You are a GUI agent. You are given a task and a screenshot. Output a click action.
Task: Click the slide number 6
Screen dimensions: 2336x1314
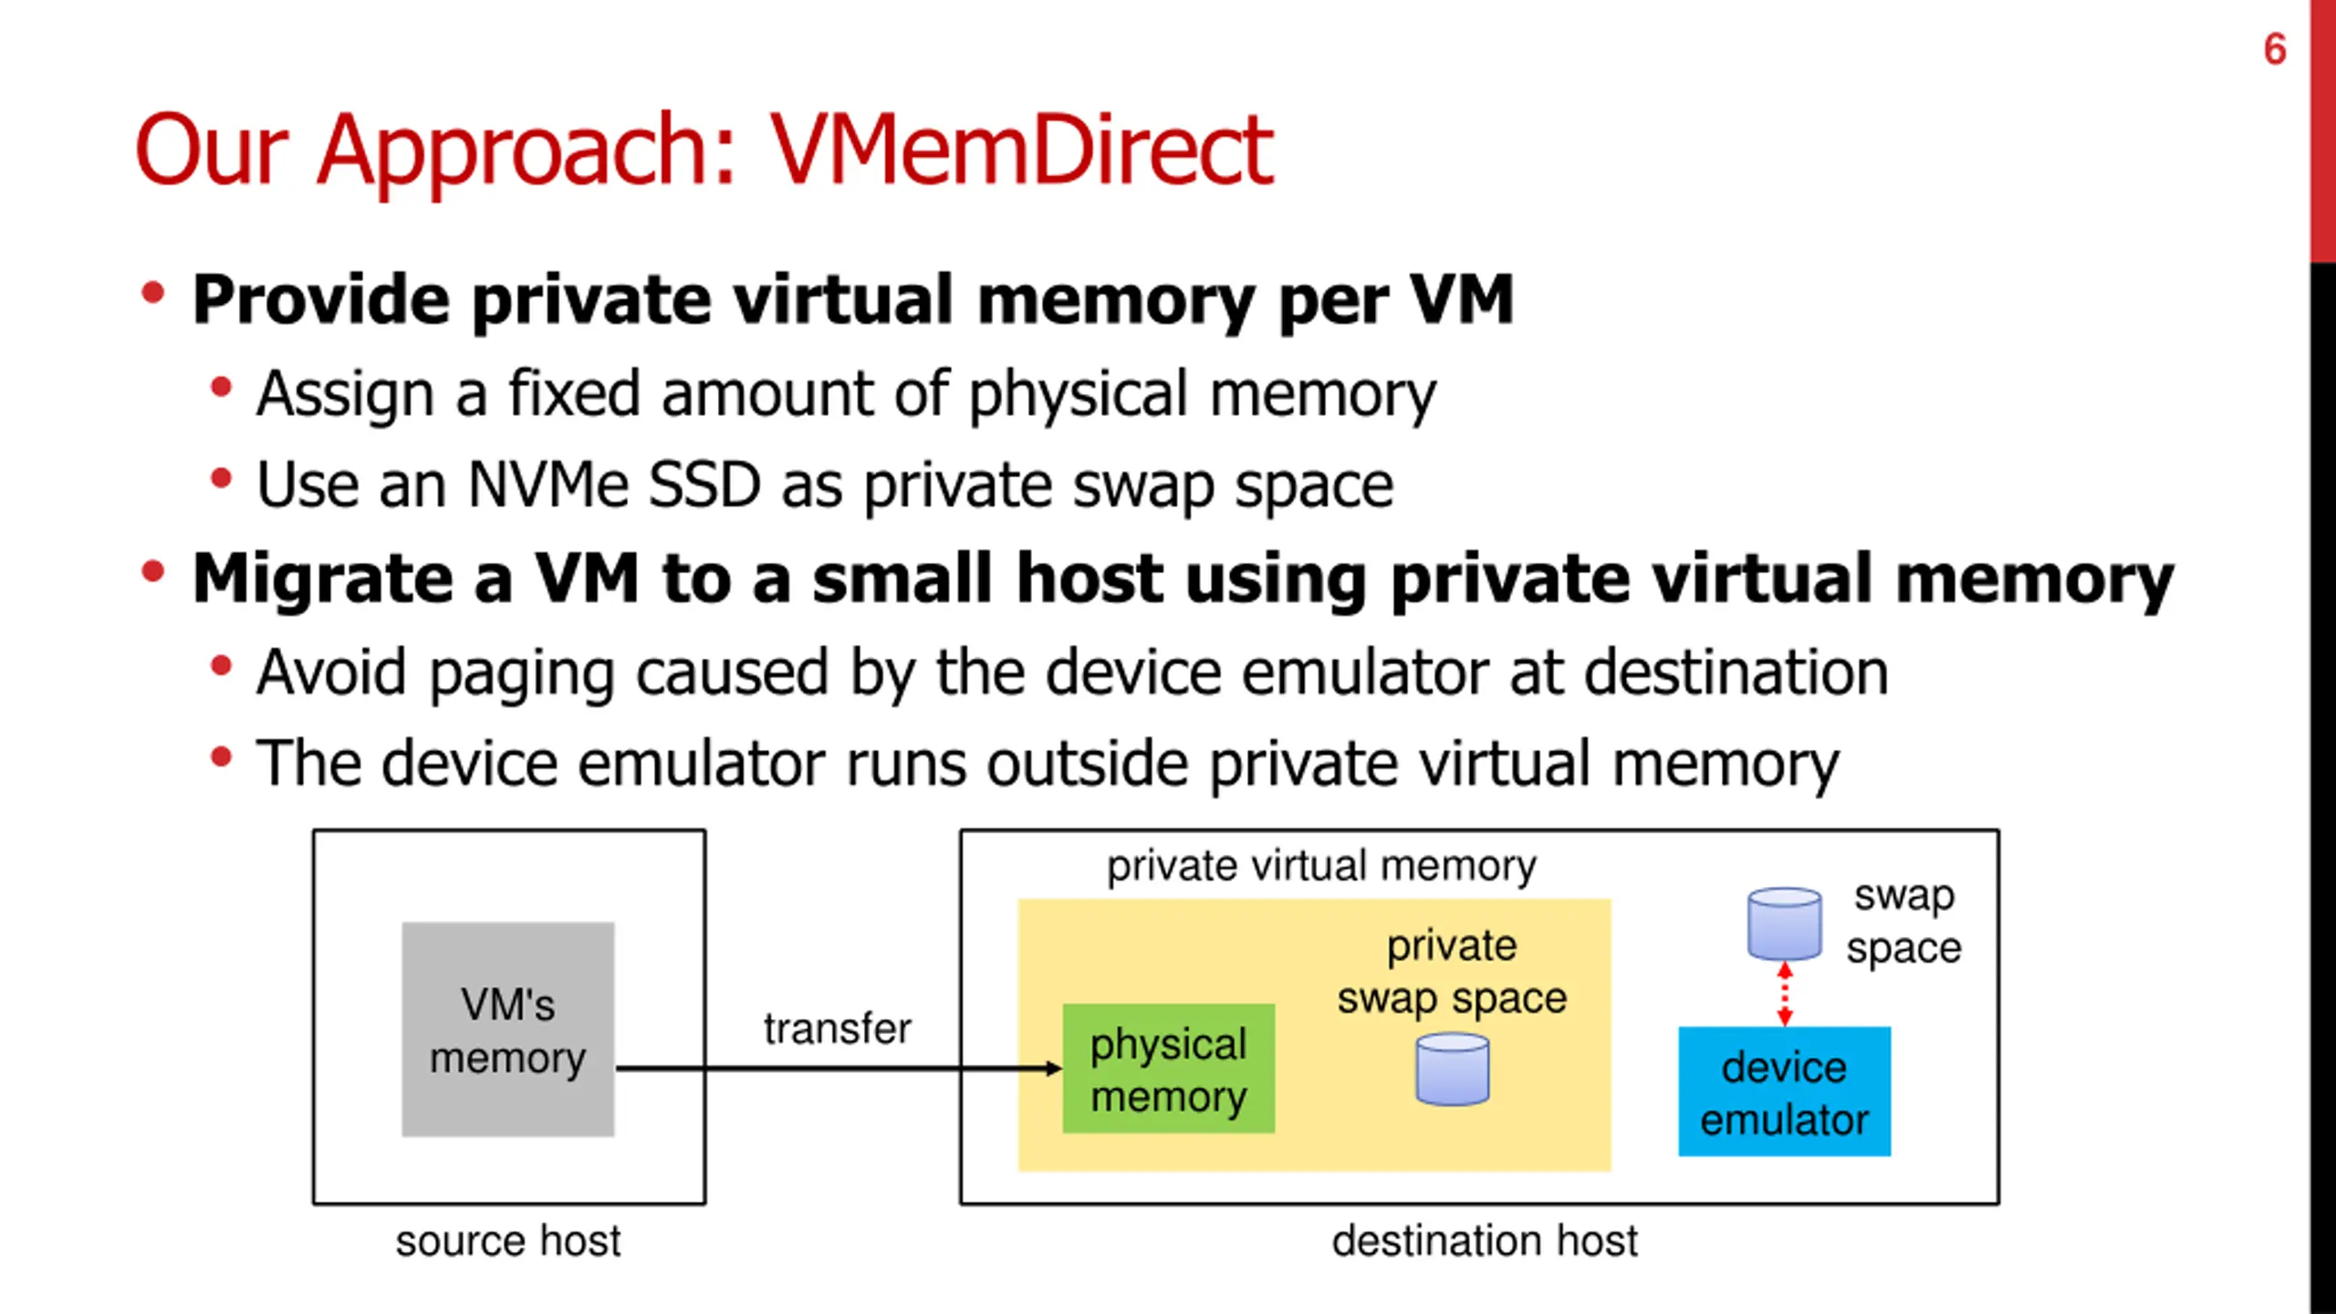[x=2274, y=49]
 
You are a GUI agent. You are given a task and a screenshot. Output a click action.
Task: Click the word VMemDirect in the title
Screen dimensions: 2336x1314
[x=1020, y=150]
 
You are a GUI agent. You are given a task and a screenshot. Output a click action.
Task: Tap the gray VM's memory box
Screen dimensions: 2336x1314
[x=508, y=1029]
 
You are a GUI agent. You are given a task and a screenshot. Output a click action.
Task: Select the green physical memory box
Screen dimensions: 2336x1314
[x=1168, y=1069]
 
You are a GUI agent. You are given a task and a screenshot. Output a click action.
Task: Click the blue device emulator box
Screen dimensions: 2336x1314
[x=1784, y=1091]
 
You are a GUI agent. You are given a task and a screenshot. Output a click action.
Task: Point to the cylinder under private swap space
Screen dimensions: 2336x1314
[x=1452, y=1069]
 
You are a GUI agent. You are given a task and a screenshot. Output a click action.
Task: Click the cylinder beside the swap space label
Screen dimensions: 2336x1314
[x=1784, y=923]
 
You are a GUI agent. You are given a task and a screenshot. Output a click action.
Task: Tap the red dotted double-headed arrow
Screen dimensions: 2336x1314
[x=1785, y=995]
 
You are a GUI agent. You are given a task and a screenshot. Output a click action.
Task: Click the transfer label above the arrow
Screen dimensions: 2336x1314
[x=837, y=1028]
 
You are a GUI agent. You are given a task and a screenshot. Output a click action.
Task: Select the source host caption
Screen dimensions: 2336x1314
[x=508, y=1241]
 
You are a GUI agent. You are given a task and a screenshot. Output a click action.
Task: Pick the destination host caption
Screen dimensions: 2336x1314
[x=1485, y=1241]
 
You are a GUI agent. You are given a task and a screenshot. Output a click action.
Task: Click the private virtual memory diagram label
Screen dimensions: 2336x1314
[x=1321, y=866]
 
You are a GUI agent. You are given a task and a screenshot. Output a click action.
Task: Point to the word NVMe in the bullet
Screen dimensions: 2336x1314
[x=547, y=485]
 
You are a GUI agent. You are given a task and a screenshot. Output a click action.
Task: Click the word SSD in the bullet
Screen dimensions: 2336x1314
[x=704, y=485]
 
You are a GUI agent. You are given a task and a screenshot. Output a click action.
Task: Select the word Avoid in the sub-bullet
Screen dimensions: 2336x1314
[x=331, y=672]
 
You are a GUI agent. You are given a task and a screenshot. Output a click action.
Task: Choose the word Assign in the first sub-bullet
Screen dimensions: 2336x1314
[x=345, y=394]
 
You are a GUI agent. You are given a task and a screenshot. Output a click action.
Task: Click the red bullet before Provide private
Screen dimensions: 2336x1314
[x=152, y=294]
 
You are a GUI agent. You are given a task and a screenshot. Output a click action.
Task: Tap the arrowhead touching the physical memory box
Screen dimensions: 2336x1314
[x=1053, y=1069]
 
